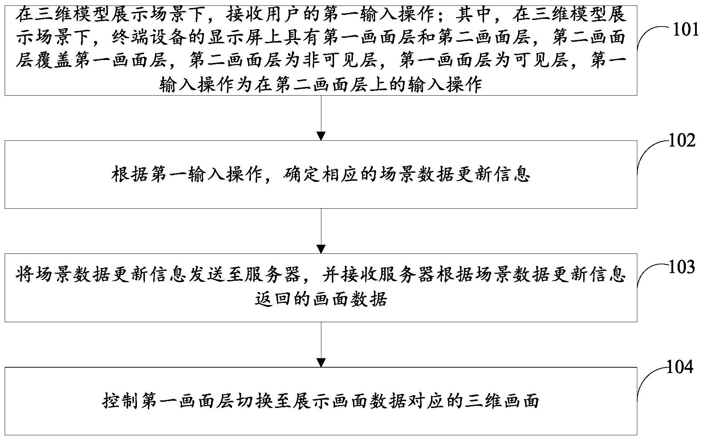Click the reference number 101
point(686,29)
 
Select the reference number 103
point(682,267)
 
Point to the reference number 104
point(680,367)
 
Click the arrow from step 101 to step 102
point(321,118)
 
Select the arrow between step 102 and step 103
point(321,231)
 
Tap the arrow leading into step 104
point(321,344)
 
